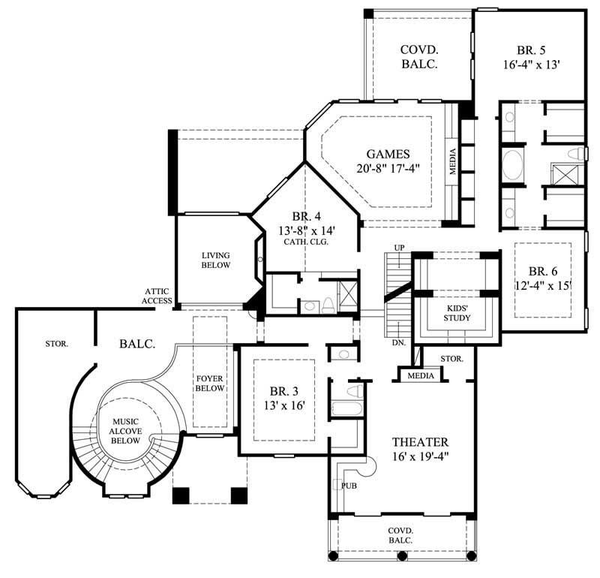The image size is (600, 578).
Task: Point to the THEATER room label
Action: pyautogui.click(x=420, y=442)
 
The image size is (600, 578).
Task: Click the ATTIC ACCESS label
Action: pyautogui.click(x=159, y=296)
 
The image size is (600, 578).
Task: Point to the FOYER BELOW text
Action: pyautogui.click(x=210, y=383)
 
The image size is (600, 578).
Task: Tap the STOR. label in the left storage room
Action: pyautogui.click(x=55, y=344)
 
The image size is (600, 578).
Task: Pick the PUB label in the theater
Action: pyautogui.click(x=349, y=486)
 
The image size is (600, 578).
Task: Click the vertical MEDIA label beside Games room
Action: pyautogui.click(x=453, y=160)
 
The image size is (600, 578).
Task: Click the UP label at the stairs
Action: pyautogui.click(x=399, y=247)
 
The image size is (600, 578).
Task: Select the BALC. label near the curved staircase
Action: pyautogui.click(x=136, y=344)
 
